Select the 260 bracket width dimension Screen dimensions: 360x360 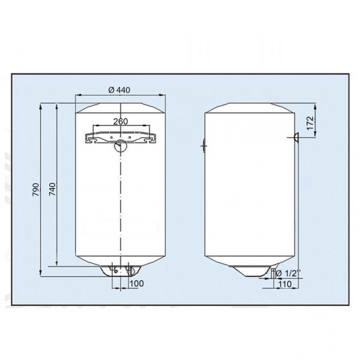121,122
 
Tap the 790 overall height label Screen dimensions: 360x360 35,190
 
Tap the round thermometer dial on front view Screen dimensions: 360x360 121,145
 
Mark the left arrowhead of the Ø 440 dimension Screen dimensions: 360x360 77,95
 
